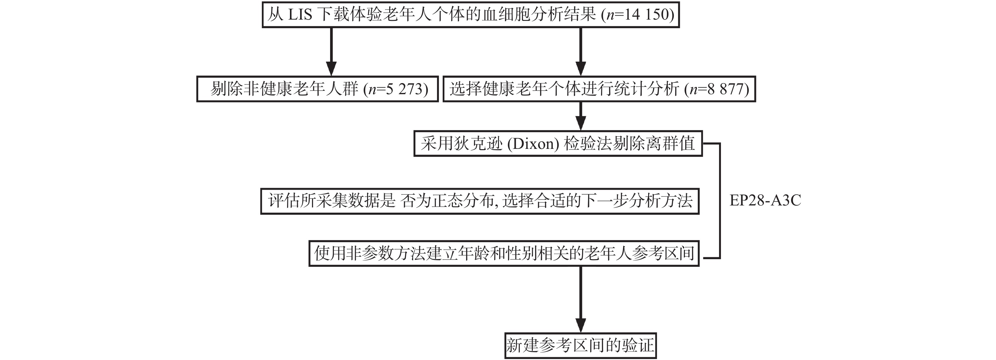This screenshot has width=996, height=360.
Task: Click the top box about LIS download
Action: (470, 15)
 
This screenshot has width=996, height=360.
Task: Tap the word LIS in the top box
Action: (300, 15)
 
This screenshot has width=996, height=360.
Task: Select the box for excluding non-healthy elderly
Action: (317, 89)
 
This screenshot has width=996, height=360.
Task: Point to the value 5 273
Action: (404, 89)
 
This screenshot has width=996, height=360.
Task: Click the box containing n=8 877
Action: (599, 89)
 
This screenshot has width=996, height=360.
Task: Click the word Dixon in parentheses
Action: (533, 144)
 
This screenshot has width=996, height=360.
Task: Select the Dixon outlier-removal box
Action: (558, 144)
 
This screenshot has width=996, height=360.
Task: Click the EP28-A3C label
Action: (765, 200)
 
